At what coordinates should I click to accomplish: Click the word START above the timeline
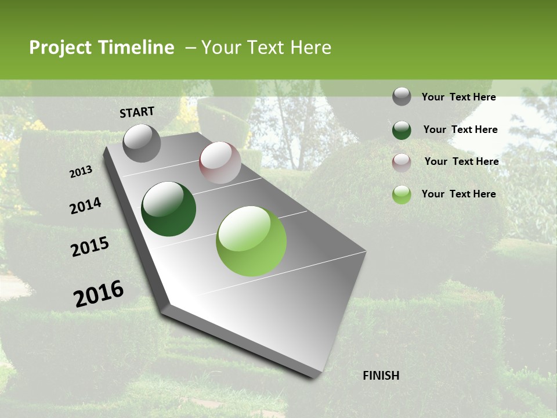137,112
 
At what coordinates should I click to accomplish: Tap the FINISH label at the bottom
381,376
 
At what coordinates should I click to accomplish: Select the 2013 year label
81,172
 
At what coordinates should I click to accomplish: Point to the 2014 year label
85,206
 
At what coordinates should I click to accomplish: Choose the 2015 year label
90,247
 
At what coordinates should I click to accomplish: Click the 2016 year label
99,294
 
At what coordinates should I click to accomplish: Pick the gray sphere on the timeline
142,143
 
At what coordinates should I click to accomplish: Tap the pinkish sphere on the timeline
220,163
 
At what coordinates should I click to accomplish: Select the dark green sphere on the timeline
169,210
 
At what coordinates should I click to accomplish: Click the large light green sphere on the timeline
251,241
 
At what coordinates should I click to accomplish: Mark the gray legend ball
402,96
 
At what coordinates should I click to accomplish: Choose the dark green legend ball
402,129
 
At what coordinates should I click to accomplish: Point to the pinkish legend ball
402,162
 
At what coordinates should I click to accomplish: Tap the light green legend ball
402,194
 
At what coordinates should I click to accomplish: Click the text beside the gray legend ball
458,97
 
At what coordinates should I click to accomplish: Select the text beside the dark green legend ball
460,129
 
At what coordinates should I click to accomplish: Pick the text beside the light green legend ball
458,194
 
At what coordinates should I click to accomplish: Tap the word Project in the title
61,48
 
